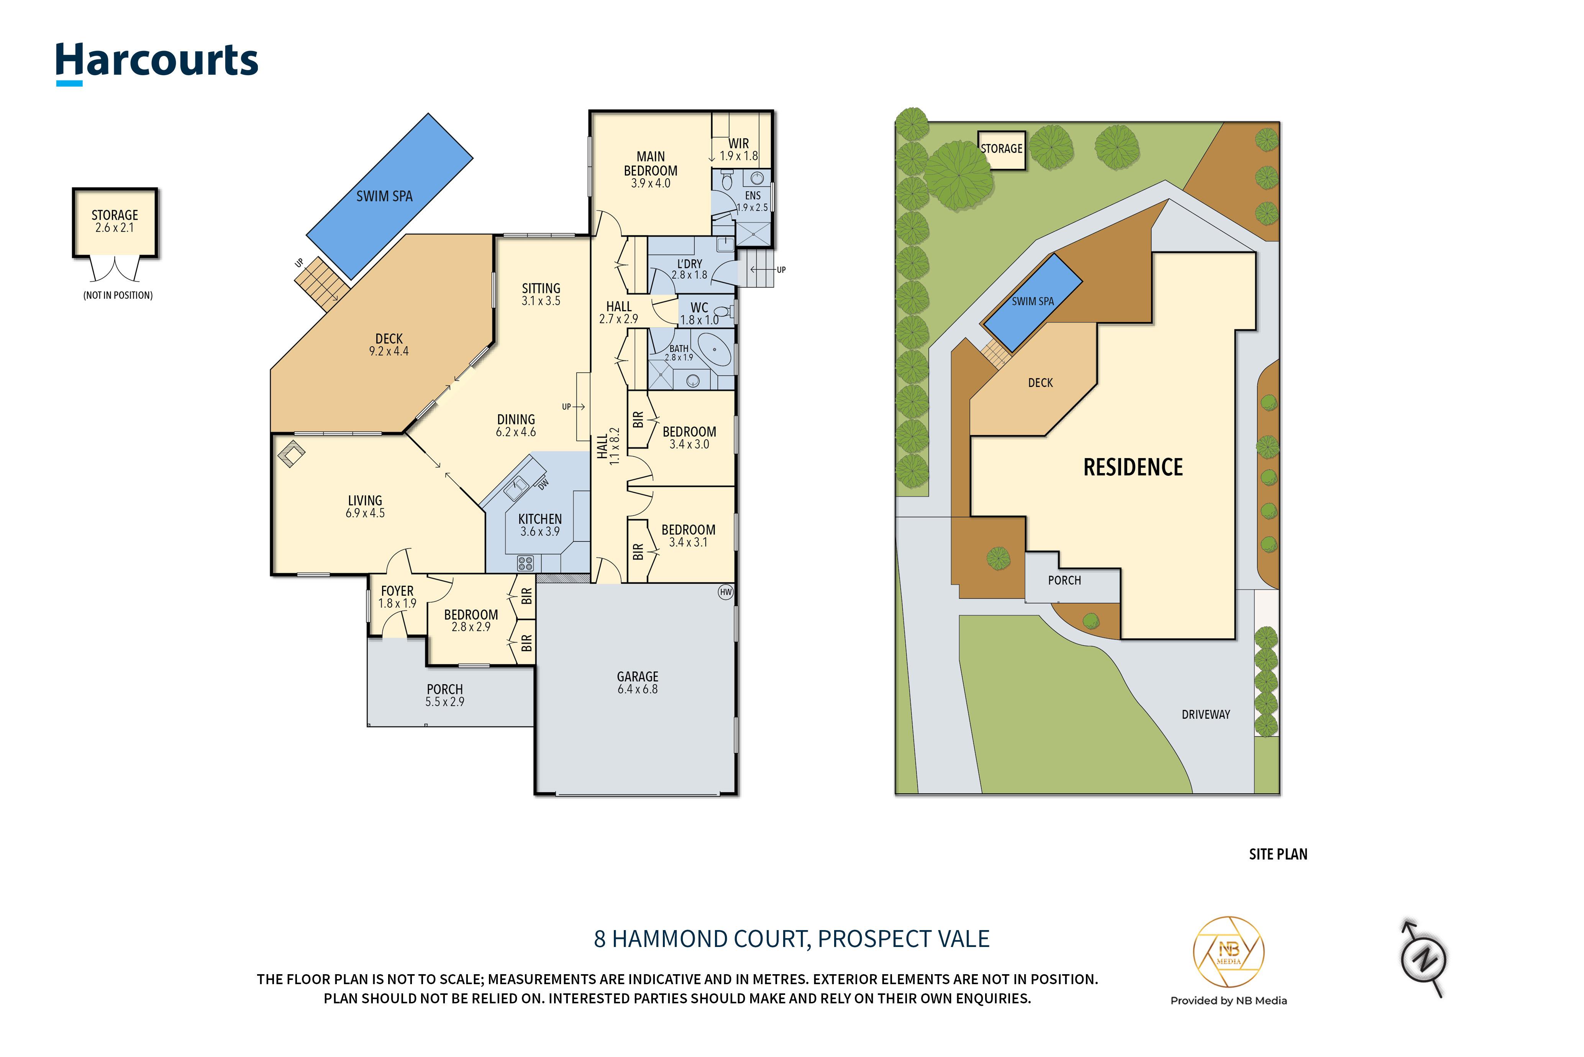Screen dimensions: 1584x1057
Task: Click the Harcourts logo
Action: (156, 63)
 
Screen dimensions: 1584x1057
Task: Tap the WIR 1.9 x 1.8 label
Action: (738, 150)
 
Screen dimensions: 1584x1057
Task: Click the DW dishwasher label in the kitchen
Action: (544, 483)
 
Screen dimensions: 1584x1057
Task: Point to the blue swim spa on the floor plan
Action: (389, 196)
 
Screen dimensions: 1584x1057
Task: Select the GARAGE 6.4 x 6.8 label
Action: (637, 682)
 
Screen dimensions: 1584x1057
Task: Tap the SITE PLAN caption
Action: (1278, 854)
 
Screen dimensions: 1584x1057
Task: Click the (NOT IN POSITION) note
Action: (118, 295)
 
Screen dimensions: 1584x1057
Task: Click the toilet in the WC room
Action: (723, 311)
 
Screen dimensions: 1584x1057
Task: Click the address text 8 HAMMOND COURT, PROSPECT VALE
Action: (792, 939)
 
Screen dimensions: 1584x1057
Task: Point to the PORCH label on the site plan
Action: (1064, 580)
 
